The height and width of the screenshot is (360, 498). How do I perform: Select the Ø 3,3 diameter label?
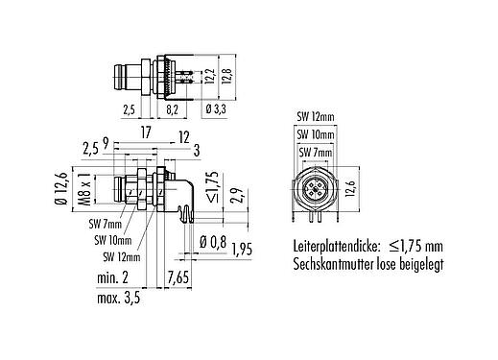[216, 111]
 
